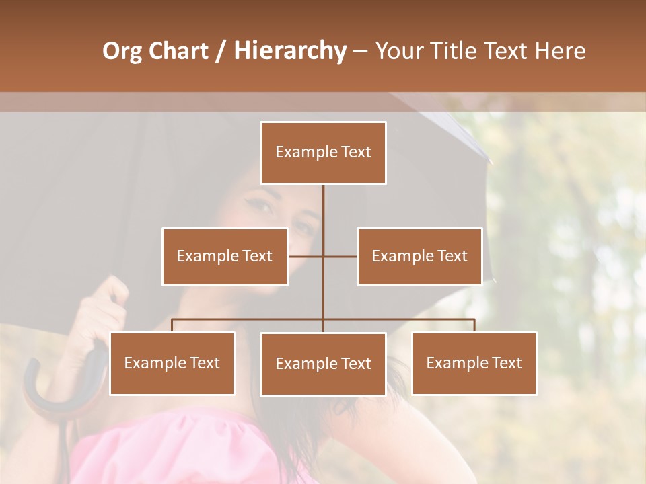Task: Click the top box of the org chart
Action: coord(323,153)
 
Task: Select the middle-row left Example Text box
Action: coord(225,256)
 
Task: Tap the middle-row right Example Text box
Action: coord(419,256)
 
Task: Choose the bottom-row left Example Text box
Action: coord(172,363)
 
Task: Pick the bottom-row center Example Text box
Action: coord(323,364)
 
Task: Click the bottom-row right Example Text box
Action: coord(474,363)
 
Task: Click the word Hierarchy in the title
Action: coord(289,51)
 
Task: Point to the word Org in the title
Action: coord(122,51)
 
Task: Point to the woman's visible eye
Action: coord(262,204)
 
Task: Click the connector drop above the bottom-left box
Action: coord(172,325)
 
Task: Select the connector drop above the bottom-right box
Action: coord(474,325)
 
